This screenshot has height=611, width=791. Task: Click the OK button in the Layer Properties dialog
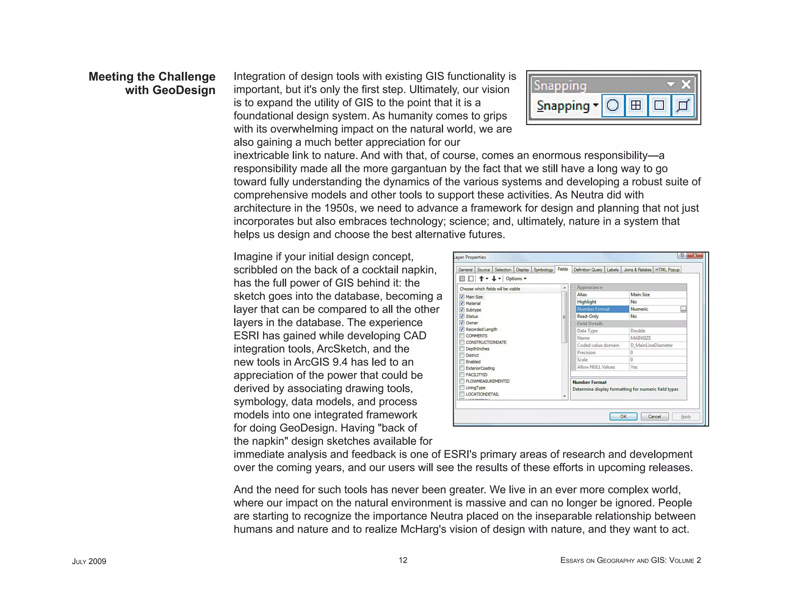pos(623,416)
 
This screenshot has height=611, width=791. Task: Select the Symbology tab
pos(543,270)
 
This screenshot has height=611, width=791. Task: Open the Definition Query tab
pos(587,270)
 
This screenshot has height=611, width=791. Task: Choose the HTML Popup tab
pos(667,270)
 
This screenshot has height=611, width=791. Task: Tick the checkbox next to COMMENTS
pos(462,336)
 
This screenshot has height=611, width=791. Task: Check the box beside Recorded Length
pos(462,329)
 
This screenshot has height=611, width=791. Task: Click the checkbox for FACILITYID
pos(462,375)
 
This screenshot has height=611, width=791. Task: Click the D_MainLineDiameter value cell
pos(651,345)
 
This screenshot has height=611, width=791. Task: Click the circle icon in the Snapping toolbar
pos(613,105)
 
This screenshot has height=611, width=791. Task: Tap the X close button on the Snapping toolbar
pos(686,85)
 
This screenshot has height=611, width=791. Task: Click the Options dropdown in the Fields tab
pos(516,278)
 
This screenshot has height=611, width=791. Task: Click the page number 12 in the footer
pos(403,560)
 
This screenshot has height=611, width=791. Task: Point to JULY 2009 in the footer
pos(89,562)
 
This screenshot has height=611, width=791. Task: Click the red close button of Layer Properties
pos(695,256)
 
